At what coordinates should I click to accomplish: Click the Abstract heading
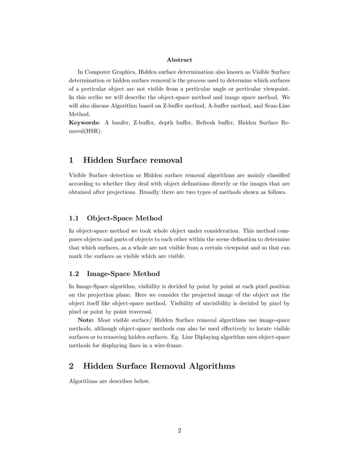[x=179, y=59]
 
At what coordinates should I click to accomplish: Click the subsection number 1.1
[x=75, y=218]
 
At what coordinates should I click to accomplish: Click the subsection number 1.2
[x=75, y=274]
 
